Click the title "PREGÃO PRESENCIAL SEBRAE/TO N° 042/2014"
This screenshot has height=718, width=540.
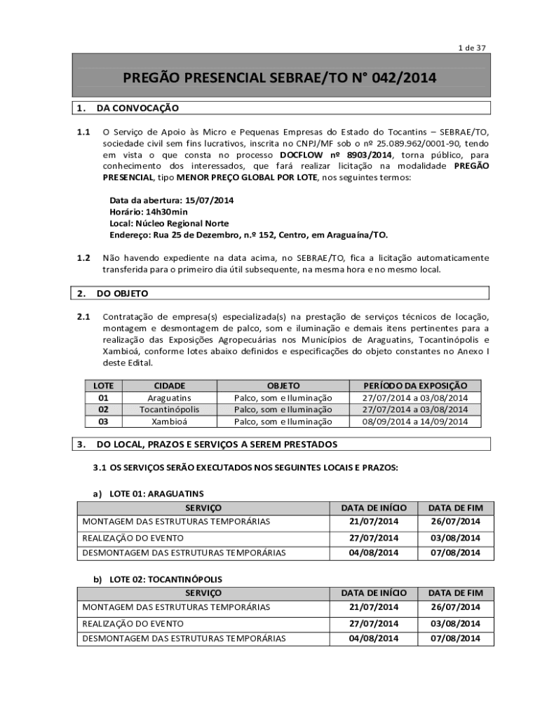point(280,79)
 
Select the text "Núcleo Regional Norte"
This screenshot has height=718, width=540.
point(180,223)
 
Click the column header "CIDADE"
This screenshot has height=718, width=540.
point(169,386)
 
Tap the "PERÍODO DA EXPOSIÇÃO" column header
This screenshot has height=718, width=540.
point(414,386)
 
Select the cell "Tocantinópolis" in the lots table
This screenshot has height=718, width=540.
point(169,409)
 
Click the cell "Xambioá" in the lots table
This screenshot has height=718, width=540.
point(169,421)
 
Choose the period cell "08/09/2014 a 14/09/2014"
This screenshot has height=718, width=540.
point(414,421)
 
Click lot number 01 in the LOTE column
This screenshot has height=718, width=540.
point(103,398)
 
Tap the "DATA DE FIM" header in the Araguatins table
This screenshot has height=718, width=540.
point(455,507)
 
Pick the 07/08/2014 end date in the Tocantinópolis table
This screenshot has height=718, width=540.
point(455,638)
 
